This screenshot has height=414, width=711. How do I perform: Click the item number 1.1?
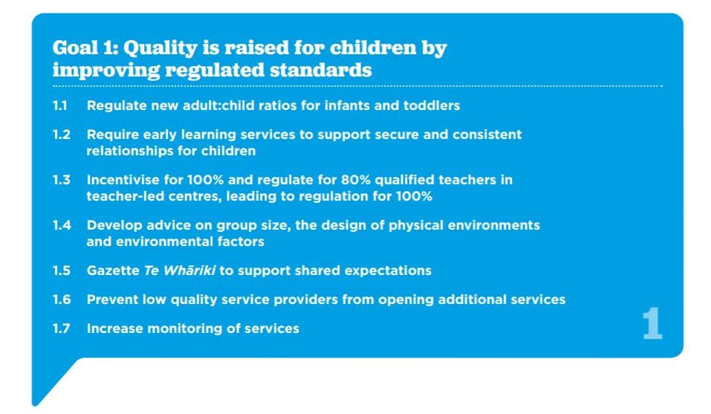tap(60, 106)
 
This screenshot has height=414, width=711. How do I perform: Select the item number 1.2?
tap(61, 135)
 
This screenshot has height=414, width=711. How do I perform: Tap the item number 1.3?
tap(61, 180)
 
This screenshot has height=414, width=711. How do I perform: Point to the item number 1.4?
tap(62, 225)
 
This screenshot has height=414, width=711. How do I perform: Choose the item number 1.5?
tap(61, 271)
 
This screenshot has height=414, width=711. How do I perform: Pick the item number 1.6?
tap(61, 300)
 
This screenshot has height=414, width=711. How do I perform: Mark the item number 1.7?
tap(61, 329)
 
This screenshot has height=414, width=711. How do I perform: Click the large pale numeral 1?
tap(652, 323)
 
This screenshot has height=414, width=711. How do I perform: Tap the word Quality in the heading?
tap(160, 48)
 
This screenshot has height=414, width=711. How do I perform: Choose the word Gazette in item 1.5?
tap(113, 271)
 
